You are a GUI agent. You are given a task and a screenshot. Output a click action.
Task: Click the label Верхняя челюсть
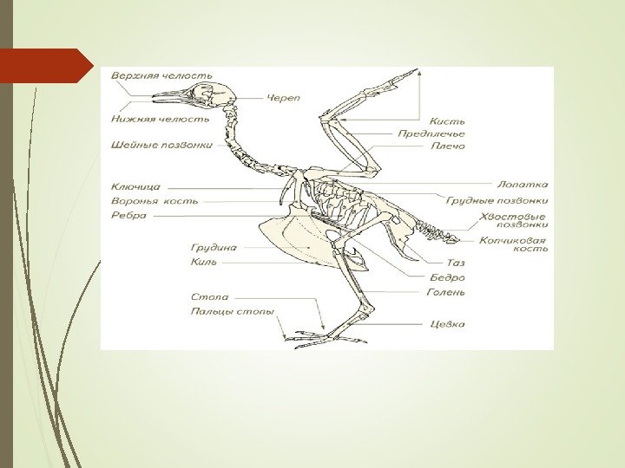pyautogui.click(x=161, y=75)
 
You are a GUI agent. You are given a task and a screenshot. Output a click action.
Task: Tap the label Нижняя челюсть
pyautogui.click(x=160, y=119)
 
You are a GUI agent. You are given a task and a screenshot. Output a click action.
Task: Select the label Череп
pyautogui.click(x=283, y=98)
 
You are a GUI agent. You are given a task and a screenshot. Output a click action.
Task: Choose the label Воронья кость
pyautogui.click(x=155, y=201)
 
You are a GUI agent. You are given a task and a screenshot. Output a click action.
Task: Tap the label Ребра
pyautogui.click(x=128, y=216)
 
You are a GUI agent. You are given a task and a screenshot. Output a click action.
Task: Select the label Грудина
pyautogui.click(x=214, y=247)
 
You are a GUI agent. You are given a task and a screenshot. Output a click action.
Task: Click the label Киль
pyautogui.click(x=204, y=261)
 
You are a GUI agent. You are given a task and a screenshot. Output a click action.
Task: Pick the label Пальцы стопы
pyautogui.click(x=234, y=311)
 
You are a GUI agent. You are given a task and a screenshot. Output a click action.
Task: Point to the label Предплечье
pyautogui.click(x=431, y=134)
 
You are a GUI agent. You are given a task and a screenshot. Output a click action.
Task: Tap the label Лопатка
pyautogui.click(x=523, y=185)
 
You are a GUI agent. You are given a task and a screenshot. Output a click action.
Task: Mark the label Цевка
pyautogui.click(x=447, y=325)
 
